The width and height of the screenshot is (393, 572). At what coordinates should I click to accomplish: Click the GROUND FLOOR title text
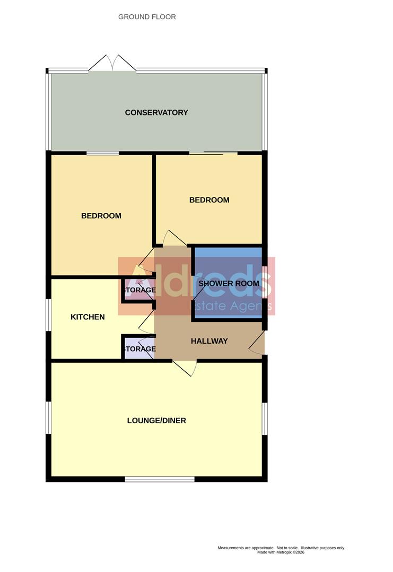point(147,17)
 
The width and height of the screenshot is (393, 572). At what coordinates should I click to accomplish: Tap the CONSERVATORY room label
point(156,112)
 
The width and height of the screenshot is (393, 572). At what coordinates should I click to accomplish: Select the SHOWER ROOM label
point(229,283)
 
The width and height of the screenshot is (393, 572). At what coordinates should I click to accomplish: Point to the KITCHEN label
point(88,317)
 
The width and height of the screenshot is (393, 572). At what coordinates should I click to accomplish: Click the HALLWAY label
point(209,341)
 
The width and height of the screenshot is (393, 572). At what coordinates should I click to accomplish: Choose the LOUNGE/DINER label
point(156,421)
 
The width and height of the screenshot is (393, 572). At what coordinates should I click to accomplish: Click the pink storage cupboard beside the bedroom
point(139,291)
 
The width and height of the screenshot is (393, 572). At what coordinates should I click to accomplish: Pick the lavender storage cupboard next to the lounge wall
point(139,349)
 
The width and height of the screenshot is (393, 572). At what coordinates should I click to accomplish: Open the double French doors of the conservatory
point(112,64)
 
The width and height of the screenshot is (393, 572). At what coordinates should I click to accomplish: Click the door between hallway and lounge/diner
point(185,367)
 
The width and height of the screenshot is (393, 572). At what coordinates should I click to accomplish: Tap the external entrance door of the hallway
point(257,344)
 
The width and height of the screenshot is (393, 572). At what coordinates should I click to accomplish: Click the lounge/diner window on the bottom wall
point(160,479)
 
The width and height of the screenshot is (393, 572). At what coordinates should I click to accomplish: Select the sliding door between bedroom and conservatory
point(213,154)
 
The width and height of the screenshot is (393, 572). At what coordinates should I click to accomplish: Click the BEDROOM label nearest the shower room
point(209,200)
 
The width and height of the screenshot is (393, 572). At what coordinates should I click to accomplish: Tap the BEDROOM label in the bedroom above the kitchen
point(101,216)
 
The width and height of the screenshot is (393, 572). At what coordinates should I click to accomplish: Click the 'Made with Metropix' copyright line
point(281,552)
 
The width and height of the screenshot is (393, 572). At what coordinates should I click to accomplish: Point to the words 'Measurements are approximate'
point(246,548)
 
